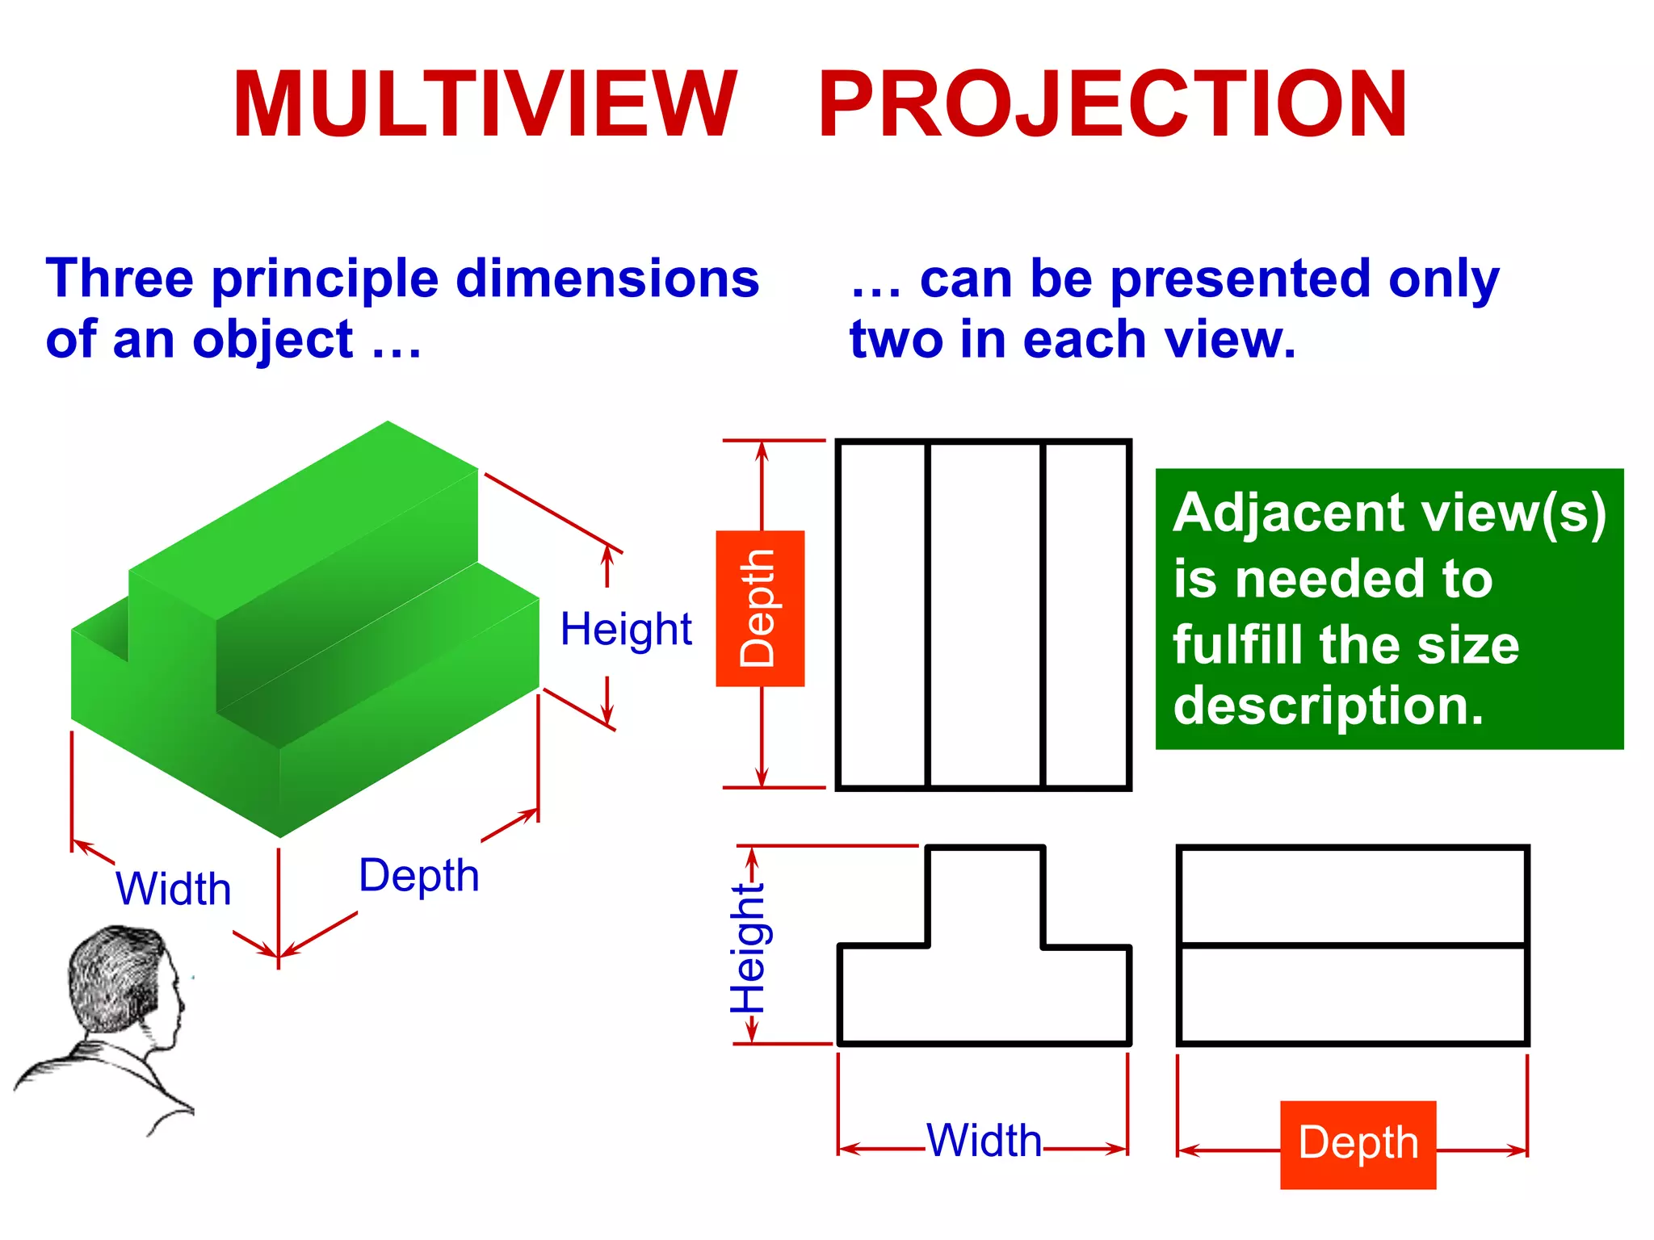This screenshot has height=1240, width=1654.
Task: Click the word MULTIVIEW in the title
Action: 485,105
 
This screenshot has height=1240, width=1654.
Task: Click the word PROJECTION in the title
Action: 1113,105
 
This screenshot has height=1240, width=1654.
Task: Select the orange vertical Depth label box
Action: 760,609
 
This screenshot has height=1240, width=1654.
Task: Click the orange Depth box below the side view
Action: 1358,1144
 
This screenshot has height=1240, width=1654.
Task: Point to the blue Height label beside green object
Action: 626,629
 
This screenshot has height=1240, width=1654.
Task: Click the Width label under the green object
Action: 174,889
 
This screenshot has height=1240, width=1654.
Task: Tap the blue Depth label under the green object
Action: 418,876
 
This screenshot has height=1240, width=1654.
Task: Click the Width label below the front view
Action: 984,1141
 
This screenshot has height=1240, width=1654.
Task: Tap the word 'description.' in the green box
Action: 1329,706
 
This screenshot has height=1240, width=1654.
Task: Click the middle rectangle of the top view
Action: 985,614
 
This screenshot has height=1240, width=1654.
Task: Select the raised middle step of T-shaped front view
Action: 985,896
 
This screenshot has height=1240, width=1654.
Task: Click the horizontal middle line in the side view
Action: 1353,945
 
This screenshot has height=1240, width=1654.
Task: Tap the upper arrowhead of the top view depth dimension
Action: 762,449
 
